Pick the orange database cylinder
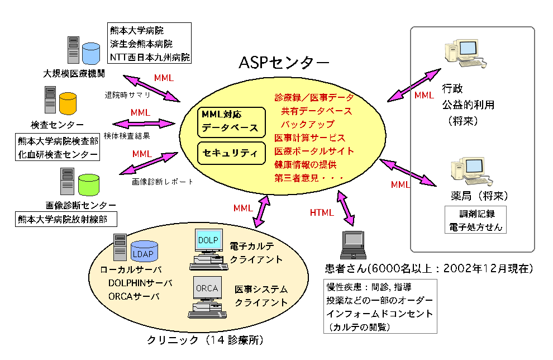(68, 103)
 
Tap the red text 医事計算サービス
(309, 138)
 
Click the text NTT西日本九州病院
(150, 56)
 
